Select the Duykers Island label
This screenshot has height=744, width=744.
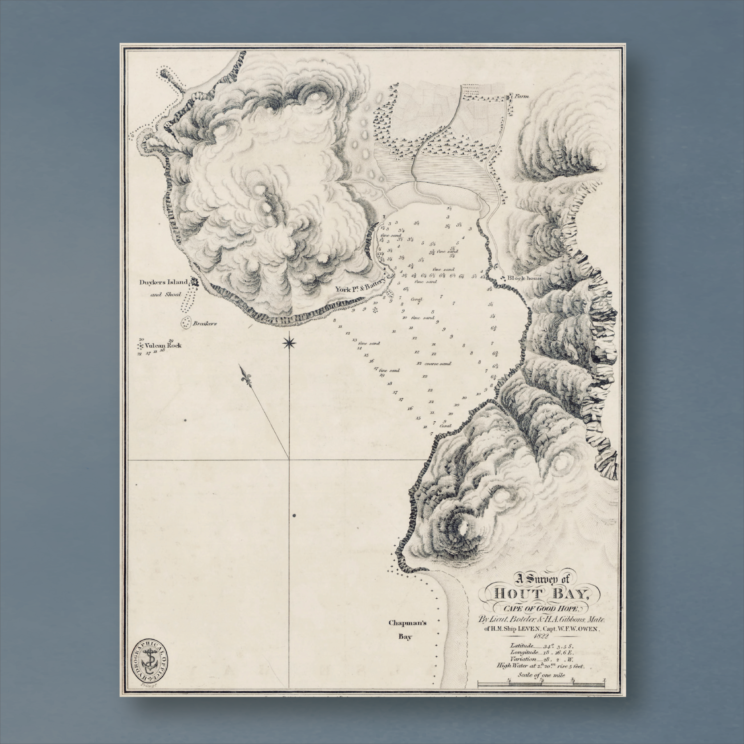[x=163, y=282]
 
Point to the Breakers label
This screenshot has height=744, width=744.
[x=205, y=323]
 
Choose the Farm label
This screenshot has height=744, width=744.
[x=522, y=97]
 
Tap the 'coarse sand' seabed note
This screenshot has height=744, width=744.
[x=437, y=364]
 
